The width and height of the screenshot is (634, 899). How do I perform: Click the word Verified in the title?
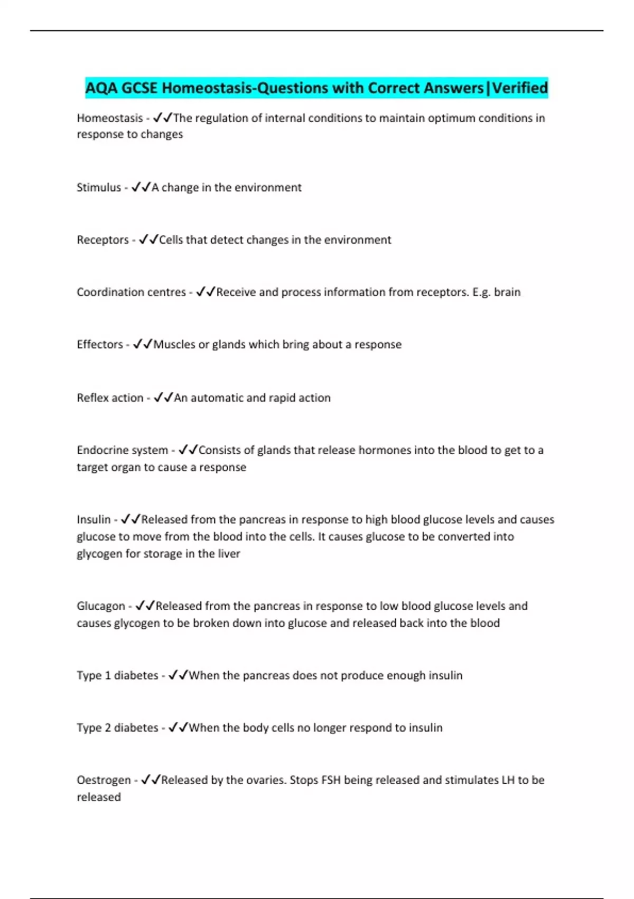[x=520, y=88]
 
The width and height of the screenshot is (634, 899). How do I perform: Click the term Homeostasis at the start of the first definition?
[x=110, y=118]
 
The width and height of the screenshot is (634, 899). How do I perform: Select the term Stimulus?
[x=99, y=187]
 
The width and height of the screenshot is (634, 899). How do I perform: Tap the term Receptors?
[x=102, y=240]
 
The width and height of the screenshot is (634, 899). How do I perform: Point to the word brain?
[x=507, y=292]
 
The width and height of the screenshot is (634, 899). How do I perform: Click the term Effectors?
[x=100, y=344]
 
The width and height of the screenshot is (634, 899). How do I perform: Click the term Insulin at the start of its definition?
[x=94, y=519]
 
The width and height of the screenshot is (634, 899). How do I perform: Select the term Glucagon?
[x=101, y=606]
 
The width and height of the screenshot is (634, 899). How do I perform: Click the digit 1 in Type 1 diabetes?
[x=108, y=675]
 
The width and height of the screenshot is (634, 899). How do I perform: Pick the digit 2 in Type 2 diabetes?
[x=108, y=728]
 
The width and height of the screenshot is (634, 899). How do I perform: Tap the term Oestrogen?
[x=104, y=780]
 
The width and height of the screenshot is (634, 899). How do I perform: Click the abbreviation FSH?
[x=331, y=780]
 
